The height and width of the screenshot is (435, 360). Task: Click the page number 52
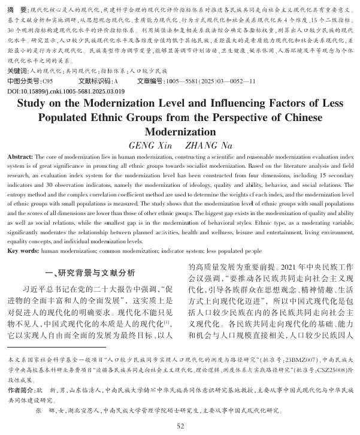180,425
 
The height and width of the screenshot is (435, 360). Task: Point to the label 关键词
18,70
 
